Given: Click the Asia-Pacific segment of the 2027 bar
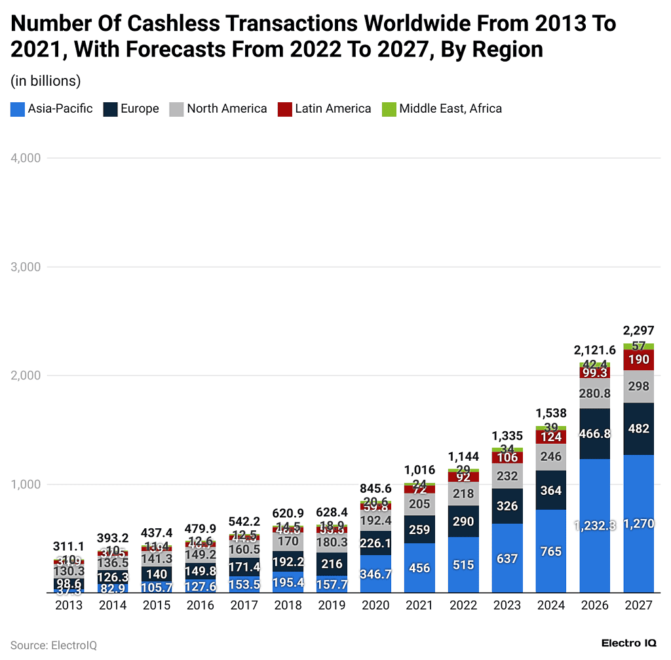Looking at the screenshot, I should tap(639, 524).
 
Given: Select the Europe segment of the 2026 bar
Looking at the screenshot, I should tap(595, 433).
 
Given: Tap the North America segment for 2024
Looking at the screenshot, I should tap(551, 457).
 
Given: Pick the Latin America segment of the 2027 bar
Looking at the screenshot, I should tap(639, 360).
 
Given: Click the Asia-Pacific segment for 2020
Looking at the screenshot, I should tap(375, 574).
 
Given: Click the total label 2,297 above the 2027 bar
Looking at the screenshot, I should tap(639, 331).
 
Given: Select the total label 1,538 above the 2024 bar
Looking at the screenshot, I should tap(551, 414).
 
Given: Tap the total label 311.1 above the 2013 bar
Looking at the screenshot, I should tap(69, 547).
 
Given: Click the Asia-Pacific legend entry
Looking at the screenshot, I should tap(52, 109).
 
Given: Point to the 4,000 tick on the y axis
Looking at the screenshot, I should tap(26, 158).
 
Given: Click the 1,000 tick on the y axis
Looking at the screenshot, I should tap(26, 484).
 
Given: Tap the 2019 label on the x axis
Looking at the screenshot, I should tap(332, 606).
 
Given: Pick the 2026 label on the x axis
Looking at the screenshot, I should tap(595, 606).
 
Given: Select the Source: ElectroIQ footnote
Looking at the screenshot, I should tap(54, 645).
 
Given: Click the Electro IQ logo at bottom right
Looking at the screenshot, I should tap(629, 644).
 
